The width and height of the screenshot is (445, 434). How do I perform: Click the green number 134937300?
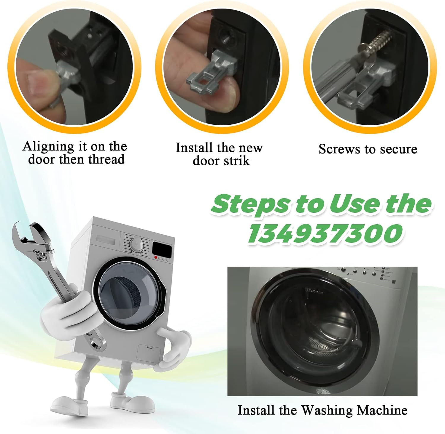pyautogui.click(x=325, y=234)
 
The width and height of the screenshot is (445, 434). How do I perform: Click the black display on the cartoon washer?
pyautogui.click(x=162, y=250)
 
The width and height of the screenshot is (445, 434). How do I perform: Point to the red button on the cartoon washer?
pyautogui.click(x=155, y=258)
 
